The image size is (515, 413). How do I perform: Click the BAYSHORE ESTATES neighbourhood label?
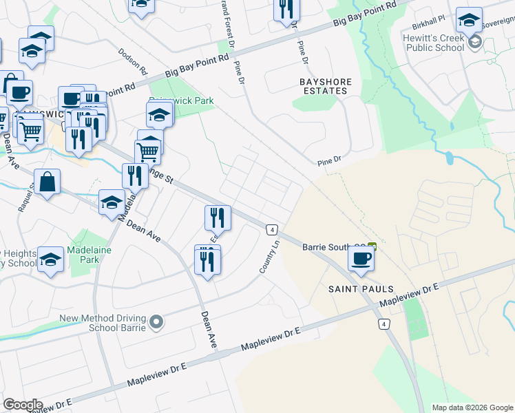pos(326,86)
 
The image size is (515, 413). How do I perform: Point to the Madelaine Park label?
pos(83,255)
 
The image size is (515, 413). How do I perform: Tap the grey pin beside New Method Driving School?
pos(157,321)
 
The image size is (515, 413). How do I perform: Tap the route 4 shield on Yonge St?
pos(273,229)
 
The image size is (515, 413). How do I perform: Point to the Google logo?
pos(23,405)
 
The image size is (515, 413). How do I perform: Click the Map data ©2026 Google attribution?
pos(472,407)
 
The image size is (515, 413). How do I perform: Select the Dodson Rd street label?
pos(133,61)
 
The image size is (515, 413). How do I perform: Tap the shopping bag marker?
pos(48,183)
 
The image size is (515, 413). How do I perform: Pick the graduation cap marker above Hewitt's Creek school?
pos(469,21)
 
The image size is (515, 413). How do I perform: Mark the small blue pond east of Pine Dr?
pos(450,158)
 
